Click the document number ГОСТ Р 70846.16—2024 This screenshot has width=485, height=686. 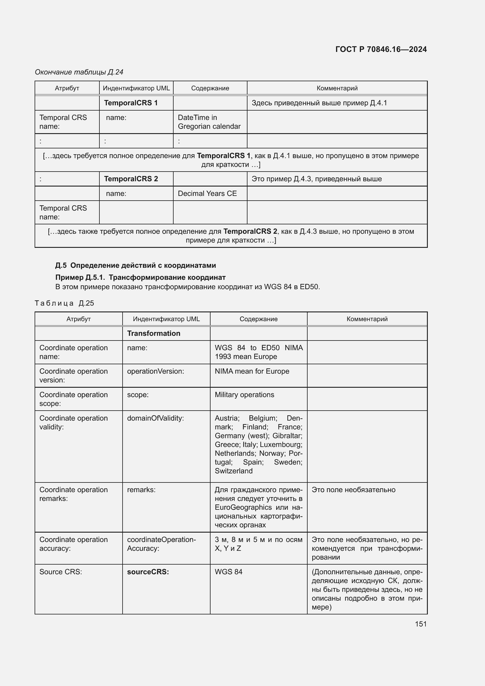[x=381, y=49]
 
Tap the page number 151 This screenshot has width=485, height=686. [x=420, y=624]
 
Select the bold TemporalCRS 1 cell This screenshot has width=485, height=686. [x=131, y=103]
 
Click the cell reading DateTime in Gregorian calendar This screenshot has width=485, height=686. [x=209, y=122]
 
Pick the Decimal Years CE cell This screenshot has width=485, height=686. [x=207, y=194]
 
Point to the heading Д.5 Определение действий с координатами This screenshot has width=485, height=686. [x=135, y=265]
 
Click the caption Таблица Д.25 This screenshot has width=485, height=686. [x=64, y=303]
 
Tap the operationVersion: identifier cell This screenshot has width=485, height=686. [x=155, y=371]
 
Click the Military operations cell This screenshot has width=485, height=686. [x=244, y=395]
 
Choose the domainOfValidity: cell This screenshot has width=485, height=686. [x=155, y=418]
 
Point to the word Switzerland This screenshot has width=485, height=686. [x=233, y=471]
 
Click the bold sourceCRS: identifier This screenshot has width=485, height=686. [x=148, y=572]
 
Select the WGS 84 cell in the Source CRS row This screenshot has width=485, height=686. [x=228, y=572]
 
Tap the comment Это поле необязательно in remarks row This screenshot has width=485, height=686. [x=353, y=490]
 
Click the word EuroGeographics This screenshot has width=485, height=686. [x=243, y=507]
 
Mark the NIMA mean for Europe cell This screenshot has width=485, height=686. [x=252, y=371]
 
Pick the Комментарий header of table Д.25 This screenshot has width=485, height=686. [x=367, y=319]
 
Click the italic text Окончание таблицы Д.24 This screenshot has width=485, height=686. [x=79, y=72]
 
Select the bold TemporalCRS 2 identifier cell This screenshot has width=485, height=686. [x=131, y=179]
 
